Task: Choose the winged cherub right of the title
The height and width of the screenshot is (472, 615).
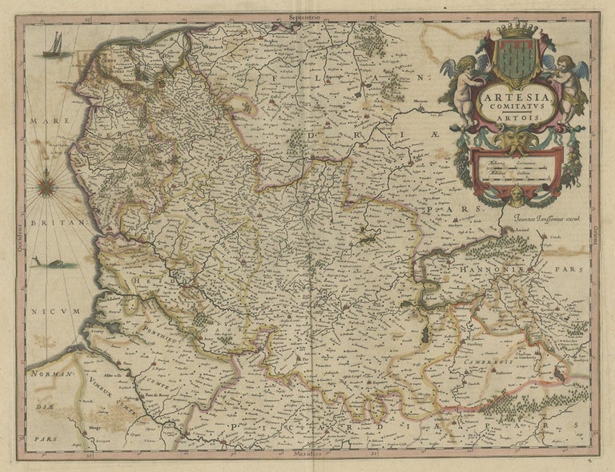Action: pyautogui.click(x=571, y=80)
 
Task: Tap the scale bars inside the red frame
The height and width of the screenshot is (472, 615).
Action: pyautogui.click(x=518, y=169)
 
